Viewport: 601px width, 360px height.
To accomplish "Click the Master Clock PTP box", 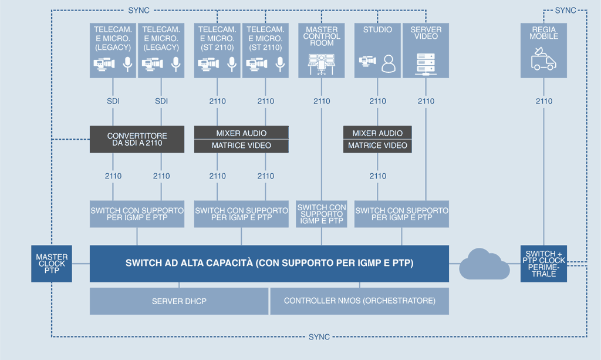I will click(52, 264).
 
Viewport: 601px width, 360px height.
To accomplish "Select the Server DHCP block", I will click(178, 301).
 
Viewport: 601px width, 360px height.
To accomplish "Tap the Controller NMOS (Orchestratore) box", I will click(359, 301).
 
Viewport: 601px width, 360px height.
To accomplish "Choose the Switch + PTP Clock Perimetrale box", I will click(544, 264).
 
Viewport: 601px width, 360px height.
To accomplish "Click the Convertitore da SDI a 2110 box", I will click(137, 139).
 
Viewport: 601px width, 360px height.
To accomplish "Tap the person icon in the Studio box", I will click(389, 63).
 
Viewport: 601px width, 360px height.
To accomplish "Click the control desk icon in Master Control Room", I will click(322, 63).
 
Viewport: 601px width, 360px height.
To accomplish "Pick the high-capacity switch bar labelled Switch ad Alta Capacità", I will click(269, 263).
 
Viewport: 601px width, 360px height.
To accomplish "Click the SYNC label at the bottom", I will click(319, 337).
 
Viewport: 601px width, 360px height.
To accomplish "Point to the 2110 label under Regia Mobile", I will click(544, 101).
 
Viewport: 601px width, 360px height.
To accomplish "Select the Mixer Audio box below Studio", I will click(377, 133).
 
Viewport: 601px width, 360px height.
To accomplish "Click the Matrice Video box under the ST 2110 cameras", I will click(241, 146).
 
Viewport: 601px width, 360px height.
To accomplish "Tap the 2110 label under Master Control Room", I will click(322, 101).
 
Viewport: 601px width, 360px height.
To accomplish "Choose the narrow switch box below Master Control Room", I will click(322, 214).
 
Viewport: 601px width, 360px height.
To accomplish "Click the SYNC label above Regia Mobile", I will click(566, 10).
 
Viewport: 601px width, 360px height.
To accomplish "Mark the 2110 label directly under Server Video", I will click(426, 101).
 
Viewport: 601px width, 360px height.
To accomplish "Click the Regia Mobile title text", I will click(544, 32).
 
